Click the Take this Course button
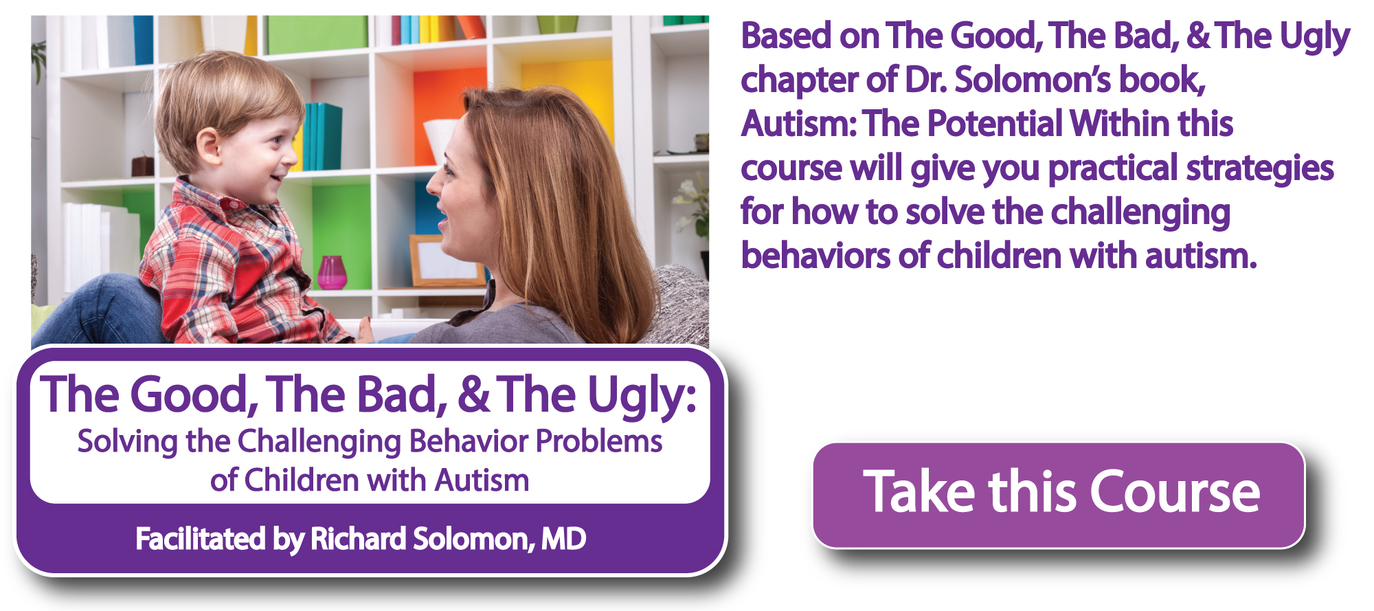click(1059, 496)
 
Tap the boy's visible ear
click(208, 146)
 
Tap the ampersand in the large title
click(473, 395)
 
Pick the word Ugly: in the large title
click(642, 397)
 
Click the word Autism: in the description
click(799, 124)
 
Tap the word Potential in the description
click(995, 124)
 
